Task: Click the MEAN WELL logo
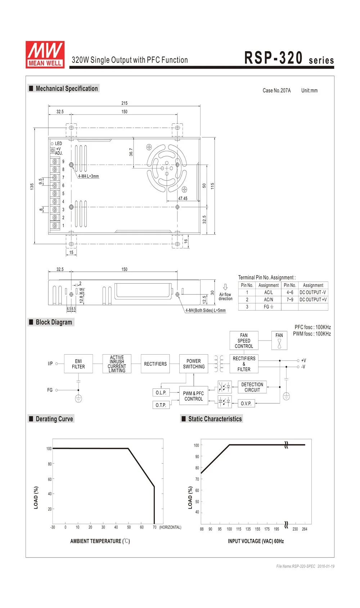[45, 54]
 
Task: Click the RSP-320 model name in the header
[273, 58]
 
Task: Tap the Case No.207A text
[276, 90]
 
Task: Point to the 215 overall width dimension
[124, 103]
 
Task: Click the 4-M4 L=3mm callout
[89, 176]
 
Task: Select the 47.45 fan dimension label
[183, 198]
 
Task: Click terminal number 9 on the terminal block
[63, 162]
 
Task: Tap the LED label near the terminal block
[58, 144]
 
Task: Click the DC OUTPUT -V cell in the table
[312, 292]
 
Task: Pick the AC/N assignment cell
[268, 300]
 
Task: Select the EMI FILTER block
[78, 364]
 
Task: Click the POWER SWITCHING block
[194, 364]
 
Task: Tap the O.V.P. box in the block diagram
[246, 404]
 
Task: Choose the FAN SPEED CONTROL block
[244, 341]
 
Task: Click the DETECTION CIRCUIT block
[252, 387]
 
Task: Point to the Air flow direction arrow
[225, 287]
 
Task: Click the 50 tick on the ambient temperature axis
[129, 527]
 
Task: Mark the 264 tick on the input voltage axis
[305, 529]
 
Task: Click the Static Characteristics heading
[215, 419]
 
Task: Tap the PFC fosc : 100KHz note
[312, 327]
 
